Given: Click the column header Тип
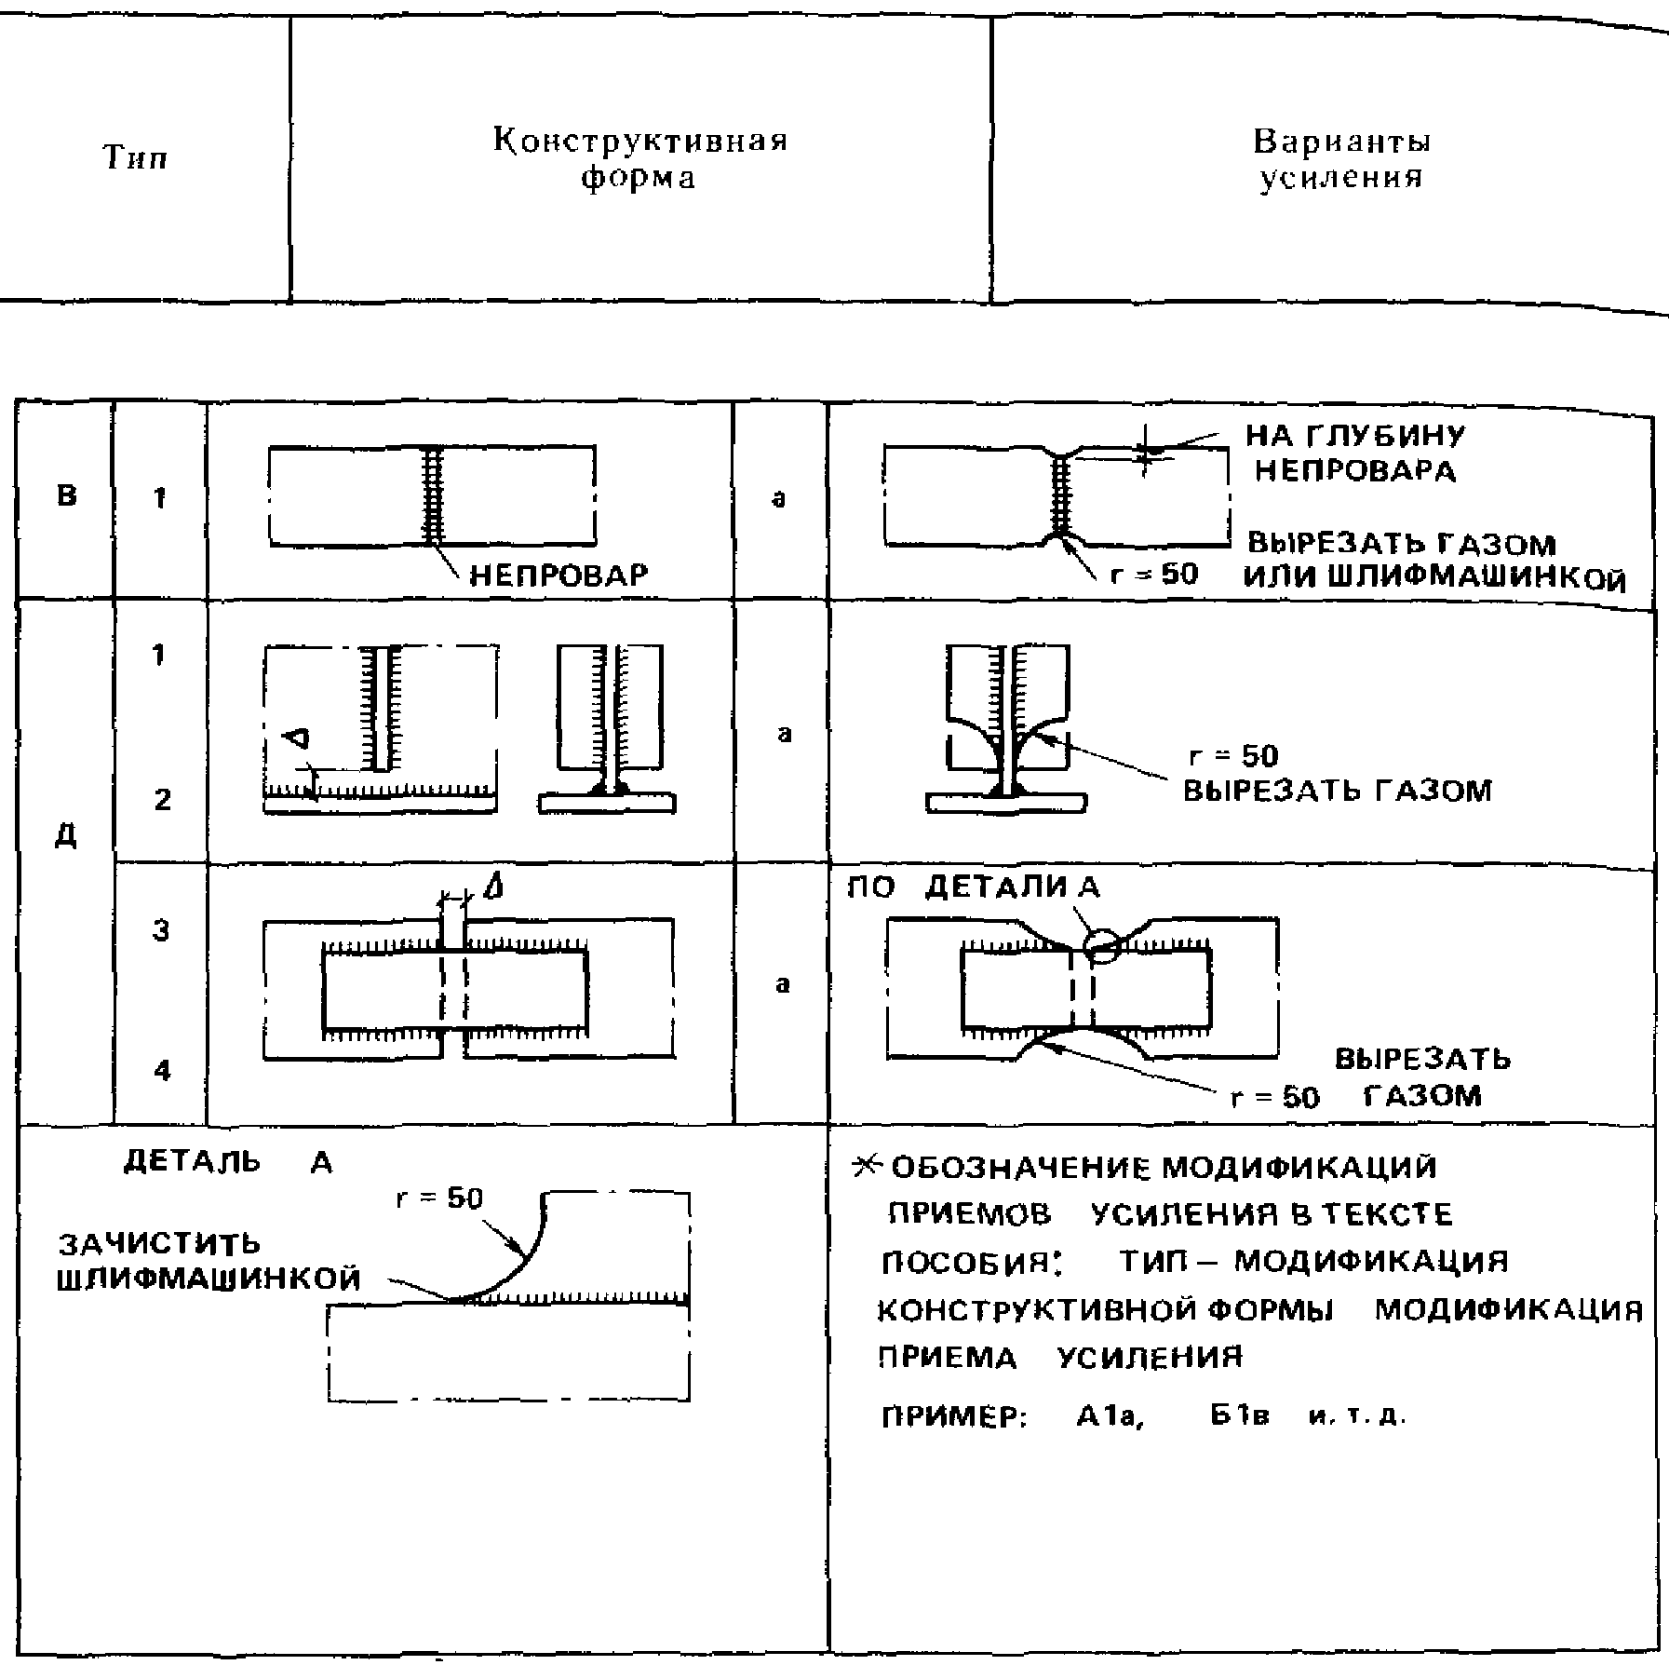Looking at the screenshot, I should click(x=135, y=158).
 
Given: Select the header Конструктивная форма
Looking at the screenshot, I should click(x=639, y=159).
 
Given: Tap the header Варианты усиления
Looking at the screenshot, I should click(x=1341, y=159).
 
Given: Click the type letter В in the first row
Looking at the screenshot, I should click(x=66, y=495).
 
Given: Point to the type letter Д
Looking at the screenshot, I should click(x=65, y=835).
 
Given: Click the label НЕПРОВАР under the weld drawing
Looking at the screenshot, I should click(x=558, y=575).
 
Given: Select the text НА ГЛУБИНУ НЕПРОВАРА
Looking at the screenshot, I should click(x=1354, y=453).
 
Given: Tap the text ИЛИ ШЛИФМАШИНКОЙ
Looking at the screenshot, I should click(x=1434, y=579).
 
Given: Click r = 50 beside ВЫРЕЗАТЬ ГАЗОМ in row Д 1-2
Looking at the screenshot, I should click(x=1233, y=755).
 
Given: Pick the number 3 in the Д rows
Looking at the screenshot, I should click(x=161, y=929).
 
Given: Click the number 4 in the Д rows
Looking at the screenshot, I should click(x=162, y=1071).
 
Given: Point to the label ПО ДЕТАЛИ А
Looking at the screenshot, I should click(x=973, y=887).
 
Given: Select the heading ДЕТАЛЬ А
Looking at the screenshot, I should click(x=227, y=1163).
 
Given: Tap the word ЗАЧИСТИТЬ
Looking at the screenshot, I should click(x=159, y=1244).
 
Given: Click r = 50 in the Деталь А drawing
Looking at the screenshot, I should click(x=439, y=1198).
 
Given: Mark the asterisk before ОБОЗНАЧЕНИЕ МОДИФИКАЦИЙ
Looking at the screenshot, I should click(x=866, y=1167).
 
